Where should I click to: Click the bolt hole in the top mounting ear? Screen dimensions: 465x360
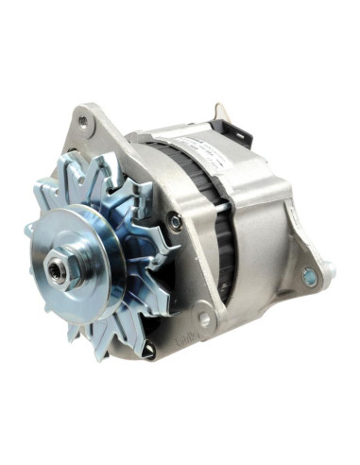click(83, 122)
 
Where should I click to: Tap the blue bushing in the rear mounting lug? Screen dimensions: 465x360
click(308, 276)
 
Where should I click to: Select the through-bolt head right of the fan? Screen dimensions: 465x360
click(176, 222)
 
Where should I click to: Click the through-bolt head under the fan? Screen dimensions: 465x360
click(148, 349)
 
